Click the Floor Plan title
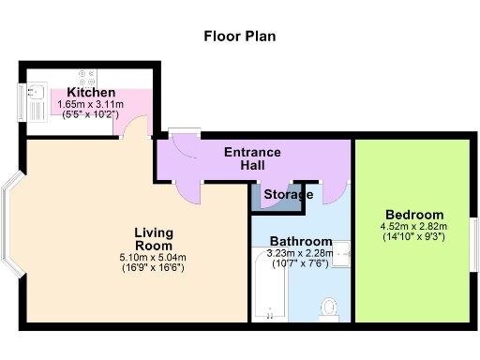(x=240, y=37)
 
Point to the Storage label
(x=287, y=195)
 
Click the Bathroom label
(x=300, y=240)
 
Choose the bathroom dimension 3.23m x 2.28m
(x=300, y=252)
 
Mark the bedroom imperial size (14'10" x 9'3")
(x=412, y=236)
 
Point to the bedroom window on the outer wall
(x=473, y=238)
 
